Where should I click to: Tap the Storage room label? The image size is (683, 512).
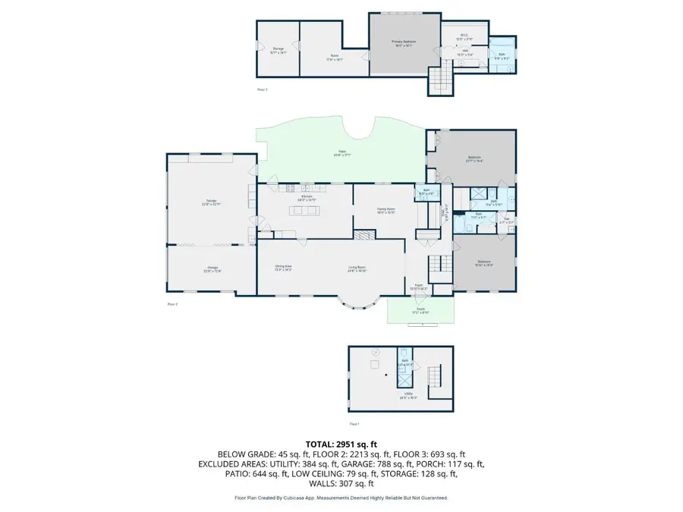pyautogui.click(x=278, y=50)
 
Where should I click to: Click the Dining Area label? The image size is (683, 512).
pyautogui.click(x=283, y=267)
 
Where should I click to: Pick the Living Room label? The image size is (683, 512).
pyautogui.click(x=357, y=267)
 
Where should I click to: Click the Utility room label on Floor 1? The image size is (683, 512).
pyautogui.click(x=408, y=396)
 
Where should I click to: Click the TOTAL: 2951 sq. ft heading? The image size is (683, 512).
pyautogui.click(x=341, y=443)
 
